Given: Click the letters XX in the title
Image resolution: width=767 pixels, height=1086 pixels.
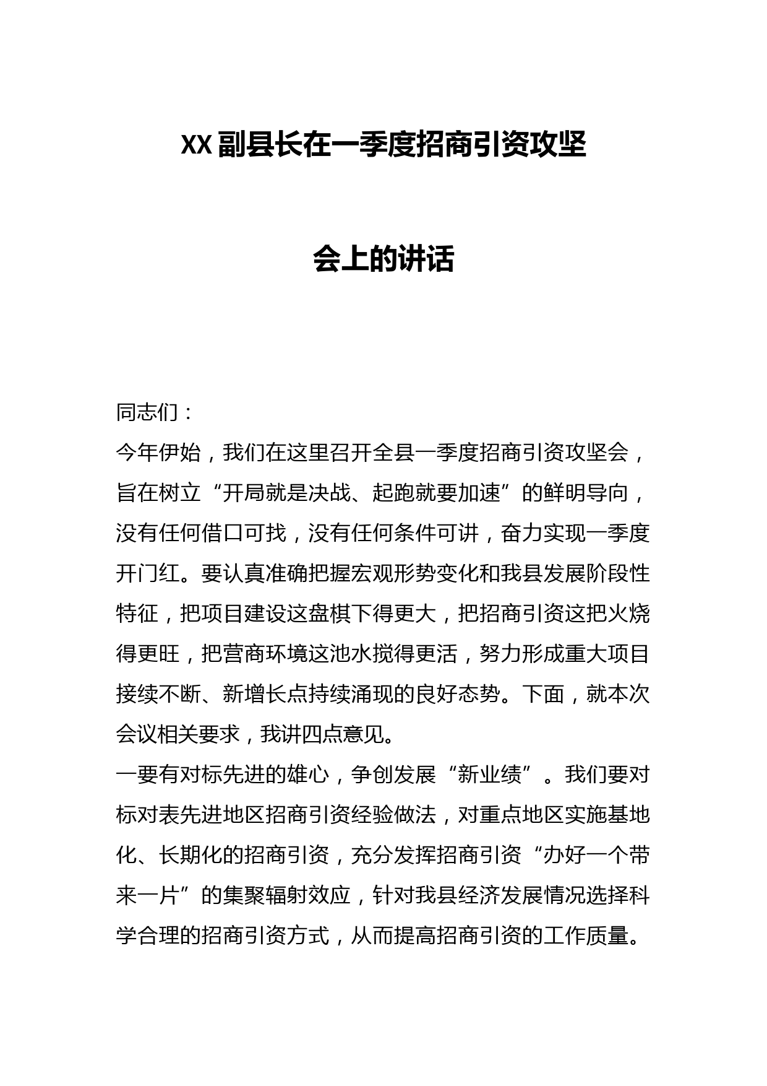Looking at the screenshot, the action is coord(197,147).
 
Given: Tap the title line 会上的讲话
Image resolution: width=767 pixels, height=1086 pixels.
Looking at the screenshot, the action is coord(383,259).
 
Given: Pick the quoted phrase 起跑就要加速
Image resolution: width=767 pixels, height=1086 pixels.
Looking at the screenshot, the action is coord(436,493).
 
